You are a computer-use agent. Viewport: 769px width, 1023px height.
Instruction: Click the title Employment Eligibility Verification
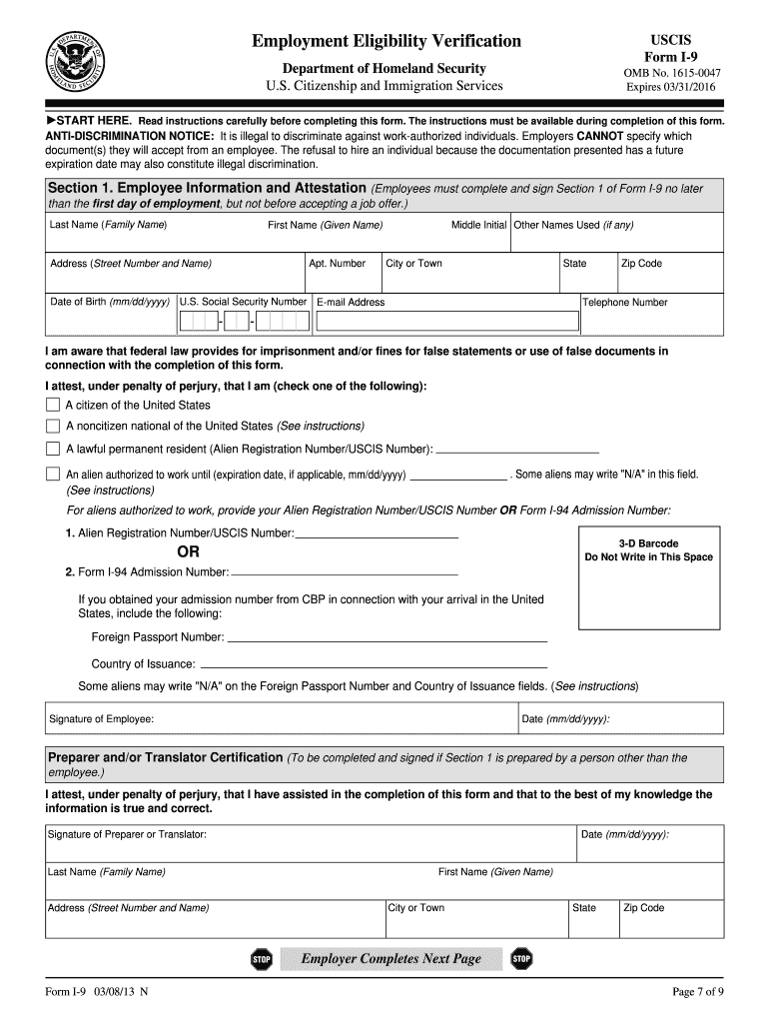[x=386, y=41]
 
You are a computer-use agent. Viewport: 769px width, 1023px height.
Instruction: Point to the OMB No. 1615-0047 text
[x=671, y=72]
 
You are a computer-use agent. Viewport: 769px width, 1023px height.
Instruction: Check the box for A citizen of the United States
[x=53, y=405]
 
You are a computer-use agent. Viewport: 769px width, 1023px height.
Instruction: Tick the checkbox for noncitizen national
[x=53, y=426]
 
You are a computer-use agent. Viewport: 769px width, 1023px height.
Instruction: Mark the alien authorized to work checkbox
[x=53, y=474]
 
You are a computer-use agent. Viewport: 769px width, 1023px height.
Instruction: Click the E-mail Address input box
[x=446, y=321]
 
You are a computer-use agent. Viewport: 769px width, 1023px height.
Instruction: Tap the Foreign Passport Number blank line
[x=386, y=637]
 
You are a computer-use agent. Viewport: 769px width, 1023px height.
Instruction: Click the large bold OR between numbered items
[x=188, y=551]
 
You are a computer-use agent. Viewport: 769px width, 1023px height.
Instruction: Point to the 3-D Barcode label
[x=648, y=543]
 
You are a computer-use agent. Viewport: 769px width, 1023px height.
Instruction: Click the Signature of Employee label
[x=101, y=719]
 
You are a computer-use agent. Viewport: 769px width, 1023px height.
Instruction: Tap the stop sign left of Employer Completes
[x=261, y=959]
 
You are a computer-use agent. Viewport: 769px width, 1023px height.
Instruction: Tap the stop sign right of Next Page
[x=521, y=959]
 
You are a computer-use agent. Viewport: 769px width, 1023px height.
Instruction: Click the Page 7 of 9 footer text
[x=698, y=992]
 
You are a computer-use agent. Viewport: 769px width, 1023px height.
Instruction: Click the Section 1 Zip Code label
[x=641, y=264]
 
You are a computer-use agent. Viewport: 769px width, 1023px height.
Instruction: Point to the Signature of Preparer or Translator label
[x=127, y=834]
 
